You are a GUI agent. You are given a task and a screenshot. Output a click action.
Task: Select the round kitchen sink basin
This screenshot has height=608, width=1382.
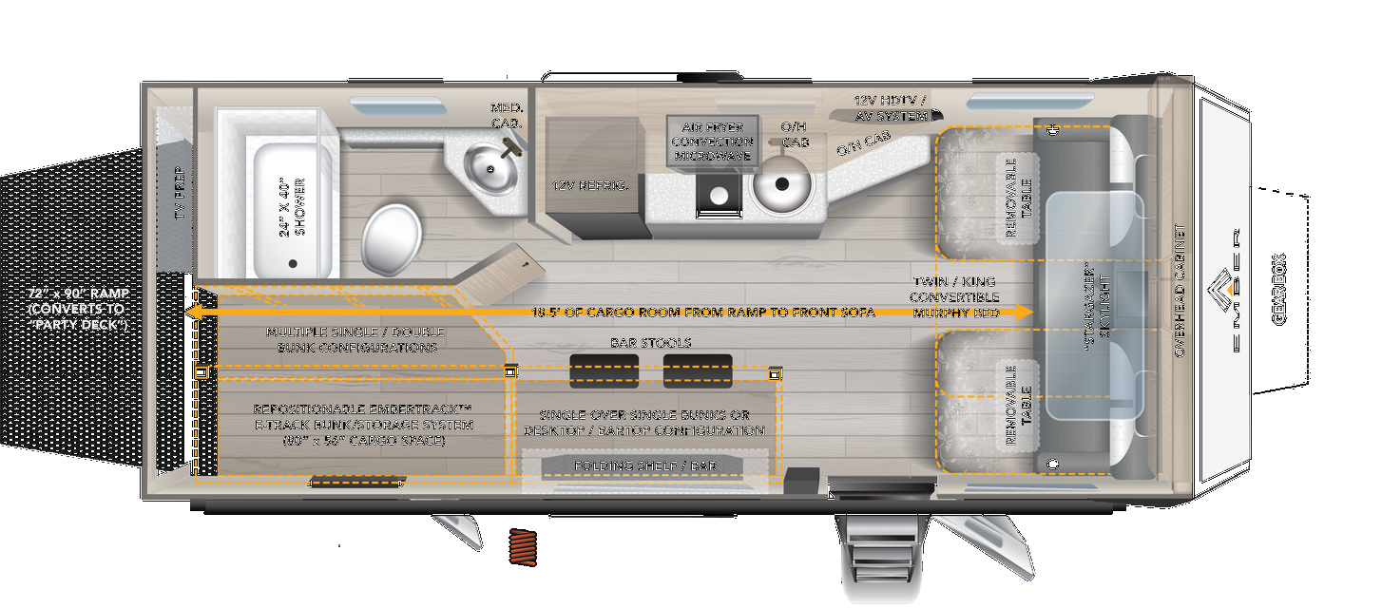(x=780, y=183)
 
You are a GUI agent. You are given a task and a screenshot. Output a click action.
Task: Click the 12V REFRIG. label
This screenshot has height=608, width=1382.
(x=591, y=186)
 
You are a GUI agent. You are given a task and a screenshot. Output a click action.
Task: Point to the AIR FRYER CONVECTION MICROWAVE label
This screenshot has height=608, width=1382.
(x=711, y=142)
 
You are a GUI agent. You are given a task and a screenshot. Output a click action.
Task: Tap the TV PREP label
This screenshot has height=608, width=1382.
(x=180, y=195)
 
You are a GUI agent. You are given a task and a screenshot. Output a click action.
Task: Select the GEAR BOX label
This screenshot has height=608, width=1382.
(x=1278, y=289)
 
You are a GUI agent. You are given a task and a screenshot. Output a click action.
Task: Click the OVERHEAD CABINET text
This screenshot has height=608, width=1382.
(x=1180, y=291)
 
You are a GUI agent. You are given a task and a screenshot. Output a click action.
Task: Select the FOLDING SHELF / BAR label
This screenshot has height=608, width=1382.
(x=645, y=465)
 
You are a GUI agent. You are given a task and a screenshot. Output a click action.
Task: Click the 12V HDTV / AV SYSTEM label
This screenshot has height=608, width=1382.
(x=891, y=108)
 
